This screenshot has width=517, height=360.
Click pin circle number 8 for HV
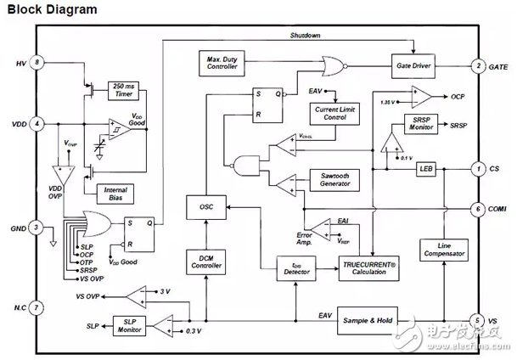pos(37,63)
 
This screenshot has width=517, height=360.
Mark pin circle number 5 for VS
pos(479,321)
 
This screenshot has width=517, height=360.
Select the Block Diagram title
pos(53,10)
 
